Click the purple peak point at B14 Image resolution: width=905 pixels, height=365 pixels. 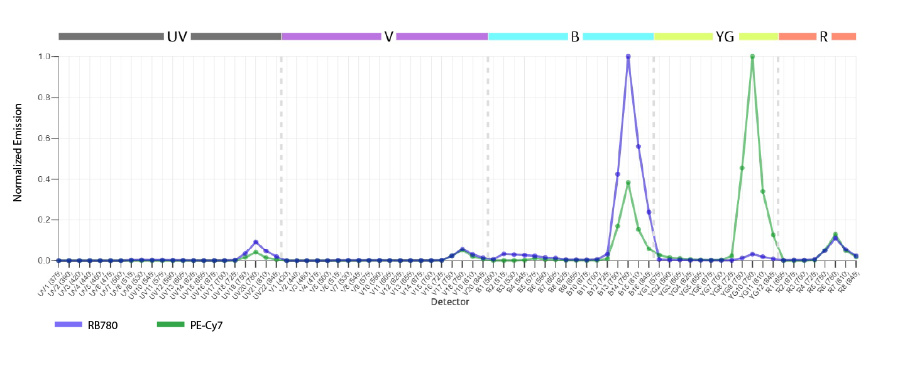click(x=628, y=57)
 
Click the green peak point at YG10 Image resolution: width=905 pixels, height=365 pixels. click(x=752, y=57)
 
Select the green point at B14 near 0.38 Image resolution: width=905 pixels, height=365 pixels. click(x=628, y=182)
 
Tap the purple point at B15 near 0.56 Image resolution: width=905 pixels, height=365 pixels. click(x=639, y=146)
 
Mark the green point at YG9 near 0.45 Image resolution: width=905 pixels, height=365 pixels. click(x=742, y=168)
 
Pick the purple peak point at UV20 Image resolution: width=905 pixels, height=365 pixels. click(x=255, y=242)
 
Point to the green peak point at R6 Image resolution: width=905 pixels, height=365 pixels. click(x=835, y=234)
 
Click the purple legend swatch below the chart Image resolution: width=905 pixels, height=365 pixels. click(x=72, y=332)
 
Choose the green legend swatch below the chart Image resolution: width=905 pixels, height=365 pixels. click(x=173, y=332)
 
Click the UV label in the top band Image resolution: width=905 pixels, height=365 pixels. click(x=177, y=36)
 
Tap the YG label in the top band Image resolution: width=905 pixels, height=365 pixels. click(x=725, y=36)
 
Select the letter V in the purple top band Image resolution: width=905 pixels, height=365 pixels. click(x=388, y=36)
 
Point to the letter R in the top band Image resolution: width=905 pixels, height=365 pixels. click(x=823, y=36)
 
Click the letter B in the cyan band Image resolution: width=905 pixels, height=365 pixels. click(x=575, y=36)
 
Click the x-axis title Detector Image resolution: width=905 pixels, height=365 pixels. click(x=449, y=302)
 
